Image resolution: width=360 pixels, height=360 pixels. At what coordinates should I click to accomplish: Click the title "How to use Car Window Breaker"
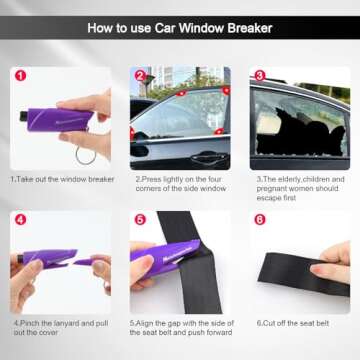[x=180, y=28]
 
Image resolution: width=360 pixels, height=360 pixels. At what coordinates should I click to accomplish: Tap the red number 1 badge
[x=20, y=75]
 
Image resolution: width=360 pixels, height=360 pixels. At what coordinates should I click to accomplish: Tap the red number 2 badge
[x=139, y=75]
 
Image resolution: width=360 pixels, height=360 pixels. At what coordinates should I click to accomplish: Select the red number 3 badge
[x=259, y=75]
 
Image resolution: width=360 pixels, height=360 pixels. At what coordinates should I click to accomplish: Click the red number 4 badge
[x=20, y=219]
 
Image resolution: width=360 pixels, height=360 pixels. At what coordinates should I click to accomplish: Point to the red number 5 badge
[x=139, y=219]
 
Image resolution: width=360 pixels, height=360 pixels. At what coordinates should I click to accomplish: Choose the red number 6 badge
[x=259, y=219]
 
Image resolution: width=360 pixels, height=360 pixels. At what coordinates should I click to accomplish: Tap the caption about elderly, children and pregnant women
[x=300, y=188]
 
